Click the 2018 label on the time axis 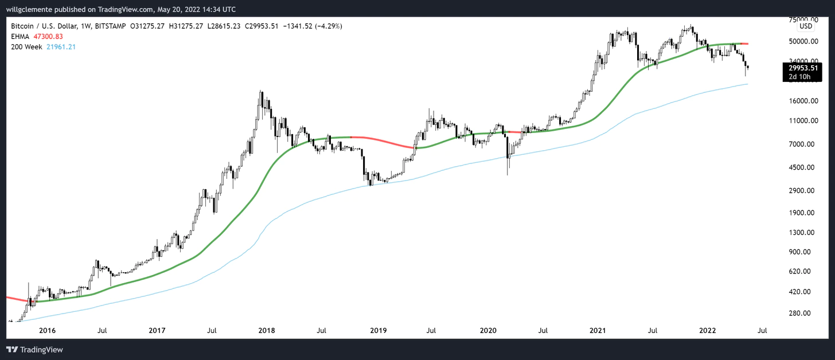(x=267, y=331)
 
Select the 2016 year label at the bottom (x=47, y=331)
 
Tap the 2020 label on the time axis (x=487, y=331)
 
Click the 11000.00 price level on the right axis (x=801, y=121)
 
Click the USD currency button (x=806, y=26)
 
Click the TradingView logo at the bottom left (x=35, y=349)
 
